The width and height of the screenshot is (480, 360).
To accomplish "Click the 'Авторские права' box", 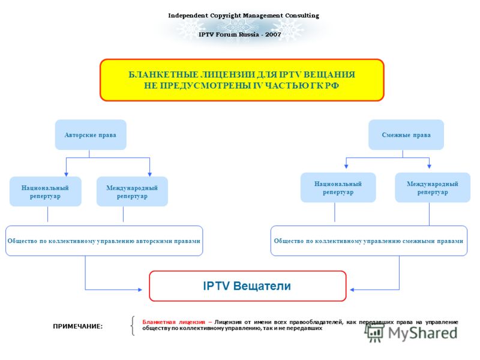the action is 91,134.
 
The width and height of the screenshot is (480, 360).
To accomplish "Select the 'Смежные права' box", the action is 406,134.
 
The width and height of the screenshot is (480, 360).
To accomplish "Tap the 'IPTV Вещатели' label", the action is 247,286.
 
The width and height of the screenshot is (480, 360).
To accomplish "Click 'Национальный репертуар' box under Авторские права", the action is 46,191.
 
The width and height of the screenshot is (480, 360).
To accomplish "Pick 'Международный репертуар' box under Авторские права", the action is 132,191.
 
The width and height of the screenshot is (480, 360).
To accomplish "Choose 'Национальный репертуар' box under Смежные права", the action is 338,187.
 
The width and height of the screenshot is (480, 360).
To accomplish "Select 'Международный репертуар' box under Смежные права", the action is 433,187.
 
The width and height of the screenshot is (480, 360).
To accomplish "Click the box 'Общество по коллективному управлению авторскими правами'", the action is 104,241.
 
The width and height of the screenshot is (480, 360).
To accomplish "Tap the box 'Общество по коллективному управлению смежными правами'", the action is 369,241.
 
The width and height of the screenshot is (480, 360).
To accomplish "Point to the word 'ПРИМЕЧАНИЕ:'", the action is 78,326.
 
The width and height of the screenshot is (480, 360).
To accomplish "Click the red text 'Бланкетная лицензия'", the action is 173,322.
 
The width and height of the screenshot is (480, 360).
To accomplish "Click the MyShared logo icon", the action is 374,333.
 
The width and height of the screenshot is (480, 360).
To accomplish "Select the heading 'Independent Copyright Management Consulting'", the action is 244,16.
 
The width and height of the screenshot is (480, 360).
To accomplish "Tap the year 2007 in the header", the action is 273,34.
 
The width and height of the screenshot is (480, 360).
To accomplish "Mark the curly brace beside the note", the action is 133,326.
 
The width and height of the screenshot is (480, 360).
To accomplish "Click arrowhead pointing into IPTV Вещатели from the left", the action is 140,290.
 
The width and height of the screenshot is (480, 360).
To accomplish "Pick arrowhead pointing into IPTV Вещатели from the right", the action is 352,290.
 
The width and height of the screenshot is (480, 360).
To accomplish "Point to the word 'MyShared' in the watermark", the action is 423,333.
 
